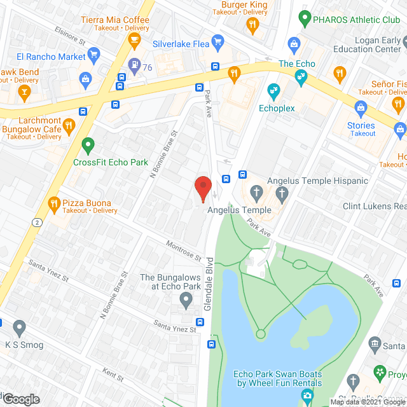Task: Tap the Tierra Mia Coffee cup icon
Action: pos(134,40)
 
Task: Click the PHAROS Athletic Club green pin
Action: pos(305,18)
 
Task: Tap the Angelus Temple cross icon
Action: pos(256,191)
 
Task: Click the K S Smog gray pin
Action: pos(19,328)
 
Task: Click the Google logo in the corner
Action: pos(21,399)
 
